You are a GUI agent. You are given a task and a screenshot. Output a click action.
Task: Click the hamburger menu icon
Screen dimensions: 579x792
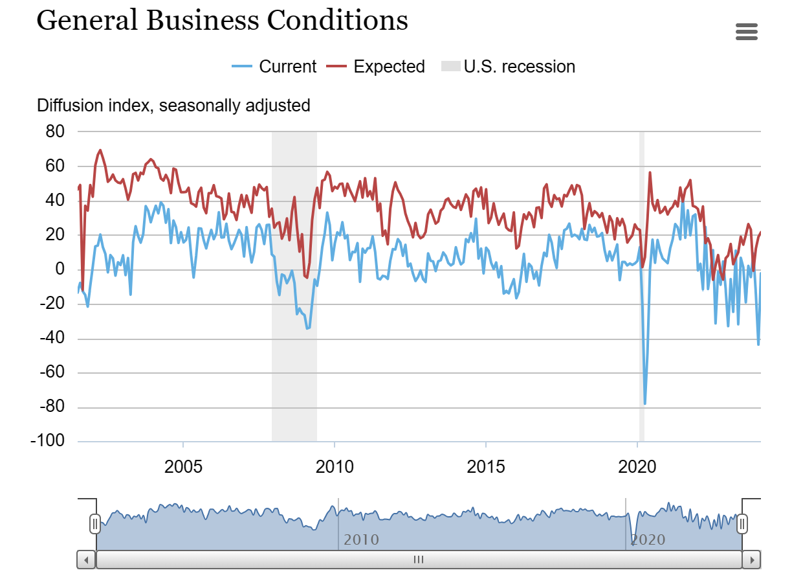point(747,32)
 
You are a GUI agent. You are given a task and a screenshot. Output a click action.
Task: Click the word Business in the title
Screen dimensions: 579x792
point(203,20)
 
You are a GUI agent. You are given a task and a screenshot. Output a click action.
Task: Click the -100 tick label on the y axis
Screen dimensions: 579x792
point(48,441)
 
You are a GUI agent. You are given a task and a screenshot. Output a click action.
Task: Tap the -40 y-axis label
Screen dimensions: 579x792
point(52,338)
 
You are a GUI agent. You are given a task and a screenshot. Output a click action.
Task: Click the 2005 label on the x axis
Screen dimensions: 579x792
point(184,466)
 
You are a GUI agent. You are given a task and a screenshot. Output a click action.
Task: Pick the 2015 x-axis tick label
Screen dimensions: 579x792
point(486,466)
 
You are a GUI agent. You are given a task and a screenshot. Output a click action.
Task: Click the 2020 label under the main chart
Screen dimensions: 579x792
point(638,466)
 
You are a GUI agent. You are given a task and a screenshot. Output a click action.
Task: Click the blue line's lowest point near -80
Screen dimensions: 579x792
point(644,403)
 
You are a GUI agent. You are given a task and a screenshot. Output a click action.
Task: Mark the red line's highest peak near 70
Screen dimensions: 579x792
point(100,150)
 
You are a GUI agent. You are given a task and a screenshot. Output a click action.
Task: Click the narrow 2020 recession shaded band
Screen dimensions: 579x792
point(642,285)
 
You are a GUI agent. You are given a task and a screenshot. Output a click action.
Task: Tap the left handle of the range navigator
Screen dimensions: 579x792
point(95,523)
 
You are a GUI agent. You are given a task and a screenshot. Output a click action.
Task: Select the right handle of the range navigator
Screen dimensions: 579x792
point(742,523)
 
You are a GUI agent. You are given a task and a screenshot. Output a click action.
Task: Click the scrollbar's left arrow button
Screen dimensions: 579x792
point(86,559)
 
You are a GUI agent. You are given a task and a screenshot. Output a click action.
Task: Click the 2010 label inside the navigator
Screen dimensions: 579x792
point(361,539)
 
